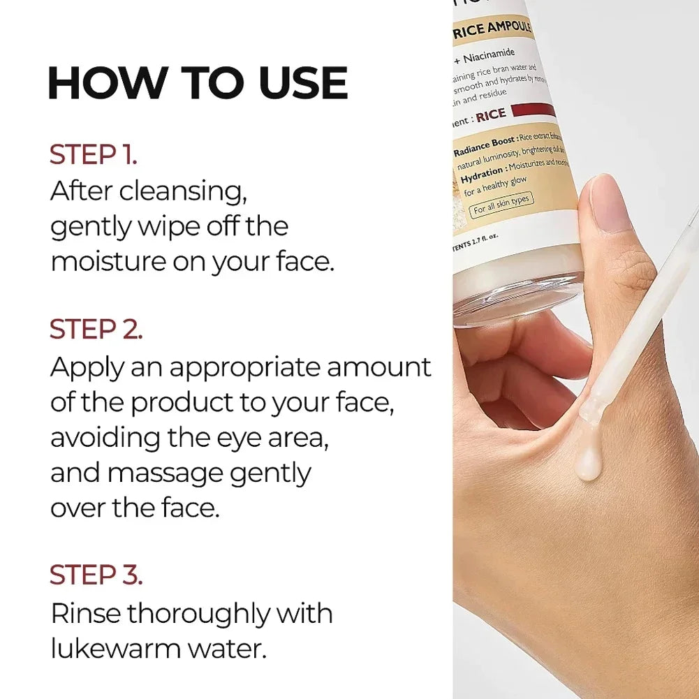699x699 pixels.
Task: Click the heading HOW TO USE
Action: click(198, 83)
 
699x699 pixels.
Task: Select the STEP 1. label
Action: click(93, 155)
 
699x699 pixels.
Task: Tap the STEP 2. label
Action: click(96, 330)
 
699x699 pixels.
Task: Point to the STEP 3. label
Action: click(96, 574)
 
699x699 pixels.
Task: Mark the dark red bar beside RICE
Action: click(533, 111)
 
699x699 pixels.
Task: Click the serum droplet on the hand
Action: click(589, 464)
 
